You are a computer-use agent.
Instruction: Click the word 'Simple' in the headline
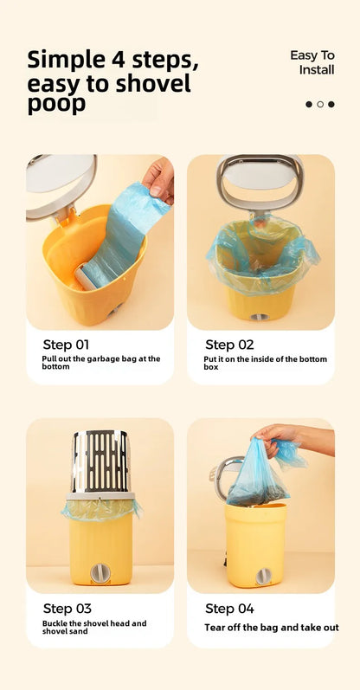click(65, 61)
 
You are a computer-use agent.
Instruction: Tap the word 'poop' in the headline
click(56, 104)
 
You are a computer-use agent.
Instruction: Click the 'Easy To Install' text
click(312, 62)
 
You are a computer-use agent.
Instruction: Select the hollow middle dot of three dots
click(320, 104)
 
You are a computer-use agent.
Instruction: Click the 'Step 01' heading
click(66, 344)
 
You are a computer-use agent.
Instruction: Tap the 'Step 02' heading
click(229, 345)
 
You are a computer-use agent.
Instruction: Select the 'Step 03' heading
click(67, 609)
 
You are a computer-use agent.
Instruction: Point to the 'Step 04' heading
click(229, 609)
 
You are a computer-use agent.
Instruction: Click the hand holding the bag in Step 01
click(159, 178)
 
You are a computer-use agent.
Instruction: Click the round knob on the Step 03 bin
click(100, 573)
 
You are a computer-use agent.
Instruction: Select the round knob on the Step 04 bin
click(264, 577)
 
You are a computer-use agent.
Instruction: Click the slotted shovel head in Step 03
click(100, 461)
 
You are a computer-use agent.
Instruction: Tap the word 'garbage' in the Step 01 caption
click(97, 358)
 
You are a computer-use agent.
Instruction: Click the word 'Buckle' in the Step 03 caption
click(53, 623)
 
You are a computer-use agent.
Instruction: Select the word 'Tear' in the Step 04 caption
click(213, 628)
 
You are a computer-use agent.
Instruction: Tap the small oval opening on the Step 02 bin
click(259, 317)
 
